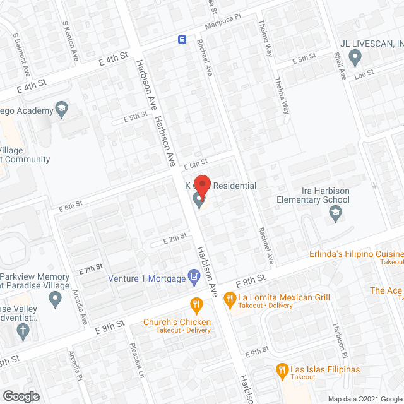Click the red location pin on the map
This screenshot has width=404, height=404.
click(201, 184)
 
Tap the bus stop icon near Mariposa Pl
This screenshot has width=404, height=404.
click(182, 39)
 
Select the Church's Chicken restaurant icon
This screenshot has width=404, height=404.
click(196, 306)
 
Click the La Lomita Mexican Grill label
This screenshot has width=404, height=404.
click(284, 297)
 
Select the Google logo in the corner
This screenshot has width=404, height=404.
click(20, 396)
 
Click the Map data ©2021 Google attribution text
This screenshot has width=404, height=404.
click(364, 398)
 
